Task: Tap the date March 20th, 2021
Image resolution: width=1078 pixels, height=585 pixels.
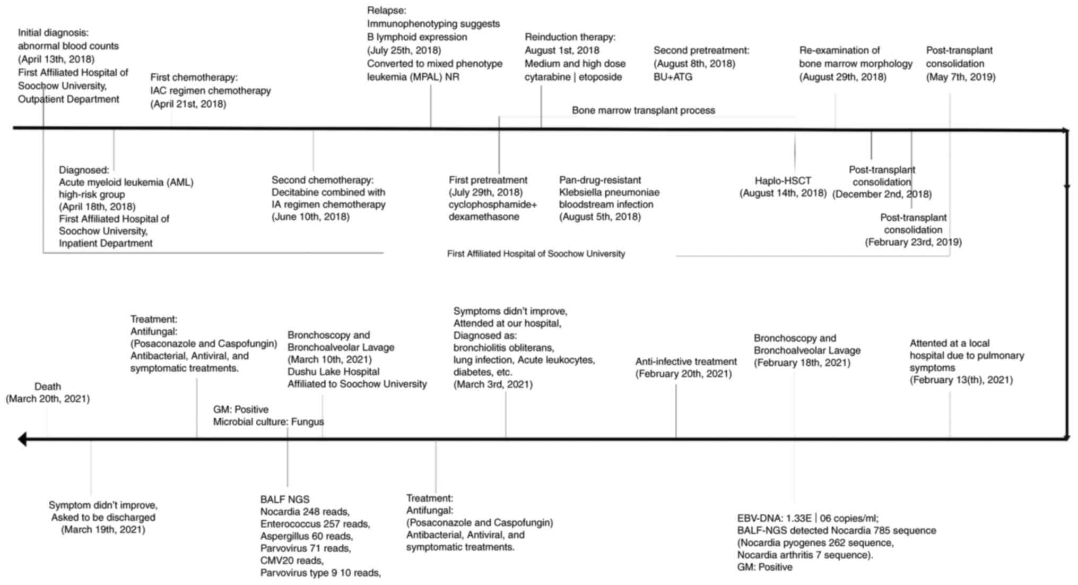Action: (48, 399)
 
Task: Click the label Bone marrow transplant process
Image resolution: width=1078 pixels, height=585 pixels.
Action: (643, 110)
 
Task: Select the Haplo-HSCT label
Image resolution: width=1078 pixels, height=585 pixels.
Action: (783, 180)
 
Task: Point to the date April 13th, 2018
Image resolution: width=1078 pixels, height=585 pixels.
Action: (56, 59)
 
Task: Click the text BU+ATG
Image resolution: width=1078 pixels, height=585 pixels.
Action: (673, 77)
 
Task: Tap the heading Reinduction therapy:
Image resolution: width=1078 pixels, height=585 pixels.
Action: (570, 37)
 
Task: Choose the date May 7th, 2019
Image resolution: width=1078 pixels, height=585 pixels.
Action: (961, 77)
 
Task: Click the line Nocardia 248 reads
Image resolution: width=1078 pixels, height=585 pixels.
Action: (305, 512)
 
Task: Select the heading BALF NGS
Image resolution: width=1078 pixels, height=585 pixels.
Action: (284, 500)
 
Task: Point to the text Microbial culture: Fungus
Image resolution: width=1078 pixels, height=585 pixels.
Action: (268, 422)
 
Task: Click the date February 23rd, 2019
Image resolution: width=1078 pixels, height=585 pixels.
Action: (913, 242)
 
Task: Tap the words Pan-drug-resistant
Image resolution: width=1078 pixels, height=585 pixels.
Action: (599, 180)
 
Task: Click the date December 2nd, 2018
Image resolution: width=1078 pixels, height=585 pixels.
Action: (882, 194)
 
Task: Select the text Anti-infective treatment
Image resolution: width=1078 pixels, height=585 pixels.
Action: (686, 362)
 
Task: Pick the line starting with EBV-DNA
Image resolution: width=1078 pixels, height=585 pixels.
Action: (807, 518)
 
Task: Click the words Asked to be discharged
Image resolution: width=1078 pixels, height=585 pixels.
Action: (103, 518)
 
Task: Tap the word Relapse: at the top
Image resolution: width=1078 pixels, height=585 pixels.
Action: (387, 10)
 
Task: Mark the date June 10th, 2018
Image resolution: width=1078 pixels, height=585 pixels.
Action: (310, 217)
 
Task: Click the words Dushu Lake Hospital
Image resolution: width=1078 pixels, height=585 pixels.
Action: (333, 372)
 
